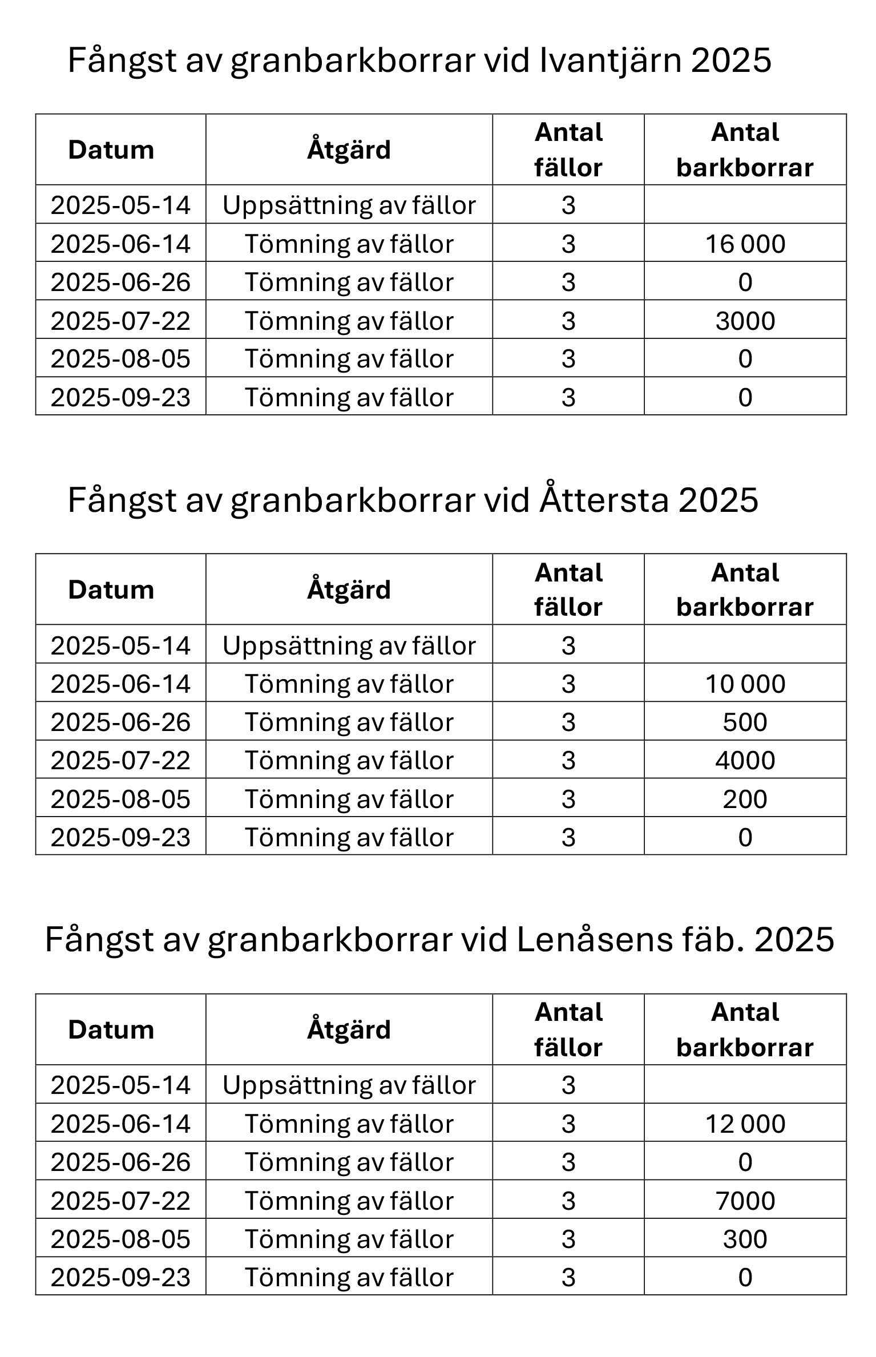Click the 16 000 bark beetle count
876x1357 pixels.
click(x=745, y=244)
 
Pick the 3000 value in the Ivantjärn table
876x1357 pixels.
click(x=745, y=321)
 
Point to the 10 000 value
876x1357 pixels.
click(x=745, y=684)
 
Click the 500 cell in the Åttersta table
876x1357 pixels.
click(x=745, y=722)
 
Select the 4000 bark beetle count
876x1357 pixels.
click(x=745, y=760)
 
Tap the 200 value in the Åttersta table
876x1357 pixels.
click(x=745, y=799)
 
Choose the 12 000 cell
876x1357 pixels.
click(x=745, y=1124)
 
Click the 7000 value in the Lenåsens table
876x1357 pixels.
click(x=745, y=1201)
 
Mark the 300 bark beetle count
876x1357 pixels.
click(x=745, y=1239)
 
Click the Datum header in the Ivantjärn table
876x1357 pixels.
click(x=111, y=150)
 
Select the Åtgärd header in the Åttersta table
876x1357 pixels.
click(x=349, y=589)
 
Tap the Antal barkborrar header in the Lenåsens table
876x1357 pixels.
click(x=745, y=1030)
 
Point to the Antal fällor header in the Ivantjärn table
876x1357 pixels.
click(x=568, y=150)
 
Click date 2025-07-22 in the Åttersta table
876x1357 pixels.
click(x=120, y=760)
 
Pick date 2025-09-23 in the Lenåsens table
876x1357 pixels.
click(x=120, y=1277)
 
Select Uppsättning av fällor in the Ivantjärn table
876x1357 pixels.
click(x=349, y=205)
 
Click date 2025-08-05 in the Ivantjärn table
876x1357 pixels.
click(x=120, y=359)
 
